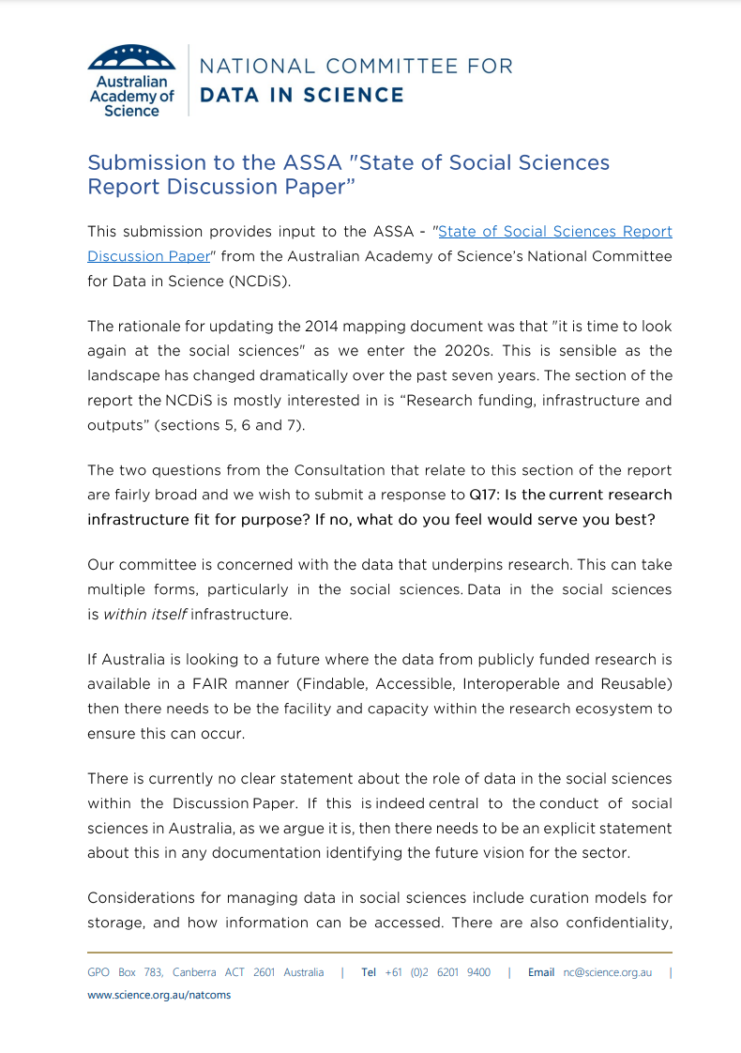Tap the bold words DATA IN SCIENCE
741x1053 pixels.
(302, 95)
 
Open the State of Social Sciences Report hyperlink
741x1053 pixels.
(555, 231)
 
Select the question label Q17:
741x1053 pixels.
(486, 495)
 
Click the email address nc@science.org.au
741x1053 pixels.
(607, 972)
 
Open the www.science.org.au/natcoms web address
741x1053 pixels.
(159, 995)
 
